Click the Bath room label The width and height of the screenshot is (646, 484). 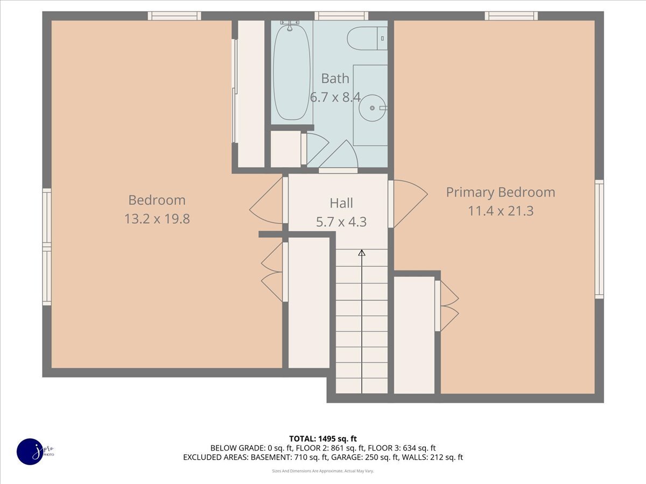(335, 79)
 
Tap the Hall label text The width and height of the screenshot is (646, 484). (341, 203)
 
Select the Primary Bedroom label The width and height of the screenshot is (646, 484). (501, 193)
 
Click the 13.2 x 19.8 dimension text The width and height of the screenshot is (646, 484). (157, 219)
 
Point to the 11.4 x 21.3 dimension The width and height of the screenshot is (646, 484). (501, 211)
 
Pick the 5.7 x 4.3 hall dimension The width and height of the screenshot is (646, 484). (341, 222)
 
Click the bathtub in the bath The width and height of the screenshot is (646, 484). (292, 73)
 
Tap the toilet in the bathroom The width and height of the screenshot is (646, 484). (367, 38)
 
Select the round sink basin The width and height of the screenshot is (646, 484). (373, 108)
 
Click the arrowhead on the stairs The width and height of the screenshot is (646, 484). (362, 253)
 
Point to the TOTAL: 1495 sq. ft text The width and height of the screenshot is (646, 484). (323, 439)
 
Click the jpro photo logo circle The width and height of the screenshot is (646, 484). (31, 452)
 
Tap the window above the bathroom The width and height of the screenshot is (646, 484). (341, 16)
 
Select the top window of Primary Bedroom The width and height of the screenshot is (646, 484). (511, 16)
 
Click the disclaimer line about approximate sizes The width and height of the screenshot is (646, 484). (323, 471)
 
